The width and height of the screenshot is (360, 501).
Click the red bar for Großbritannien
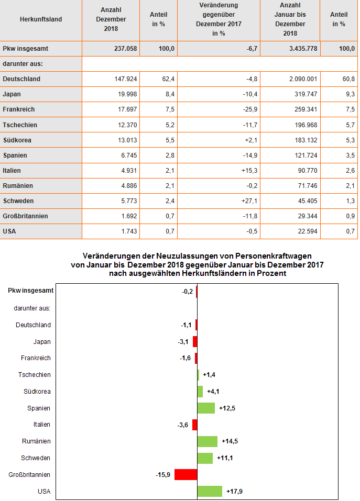(x=186, y=475)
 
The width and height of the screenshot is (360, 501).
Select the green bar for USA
(x=210, y=491)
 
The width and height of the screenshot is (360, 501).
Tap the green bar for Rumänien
(x=207, y=441)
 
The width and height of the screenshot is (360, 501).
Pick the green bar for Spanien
(x=206, y=408)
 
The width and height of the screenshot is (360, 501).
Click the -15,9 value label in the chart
(x=163, y=475)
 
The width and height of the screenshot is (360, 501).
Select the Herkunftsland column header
(x=41, y=19)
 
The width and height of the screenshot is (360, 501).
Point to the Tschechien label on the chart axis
(x=35, y=375)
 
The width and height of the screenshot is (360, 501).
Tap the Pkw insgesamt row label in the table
(x=26, y=49)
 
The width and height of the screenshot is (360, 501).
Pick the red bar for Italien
(x=194, y=425)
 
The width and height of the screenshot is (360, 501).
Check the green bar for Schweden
(x=205, y=458)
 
